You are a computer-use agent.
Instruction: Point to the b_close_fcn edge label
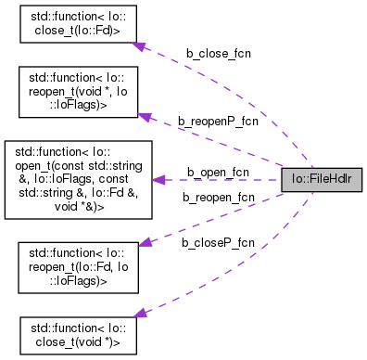[218, 53]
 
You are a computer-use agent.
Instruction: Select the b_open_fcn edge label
[218, 172]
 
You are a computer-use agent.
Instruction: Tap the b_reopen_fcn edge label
[218, 197]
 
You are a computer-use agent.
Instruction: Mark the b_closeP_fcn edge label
[219, 242]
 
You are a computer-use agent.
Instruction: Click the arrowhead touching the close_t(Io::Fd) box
[137, 45]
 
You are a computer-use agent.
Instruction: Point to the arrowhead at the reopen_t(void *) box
[144, 115]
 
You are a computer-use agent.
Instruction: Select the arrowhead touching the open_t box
[158, 179]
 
